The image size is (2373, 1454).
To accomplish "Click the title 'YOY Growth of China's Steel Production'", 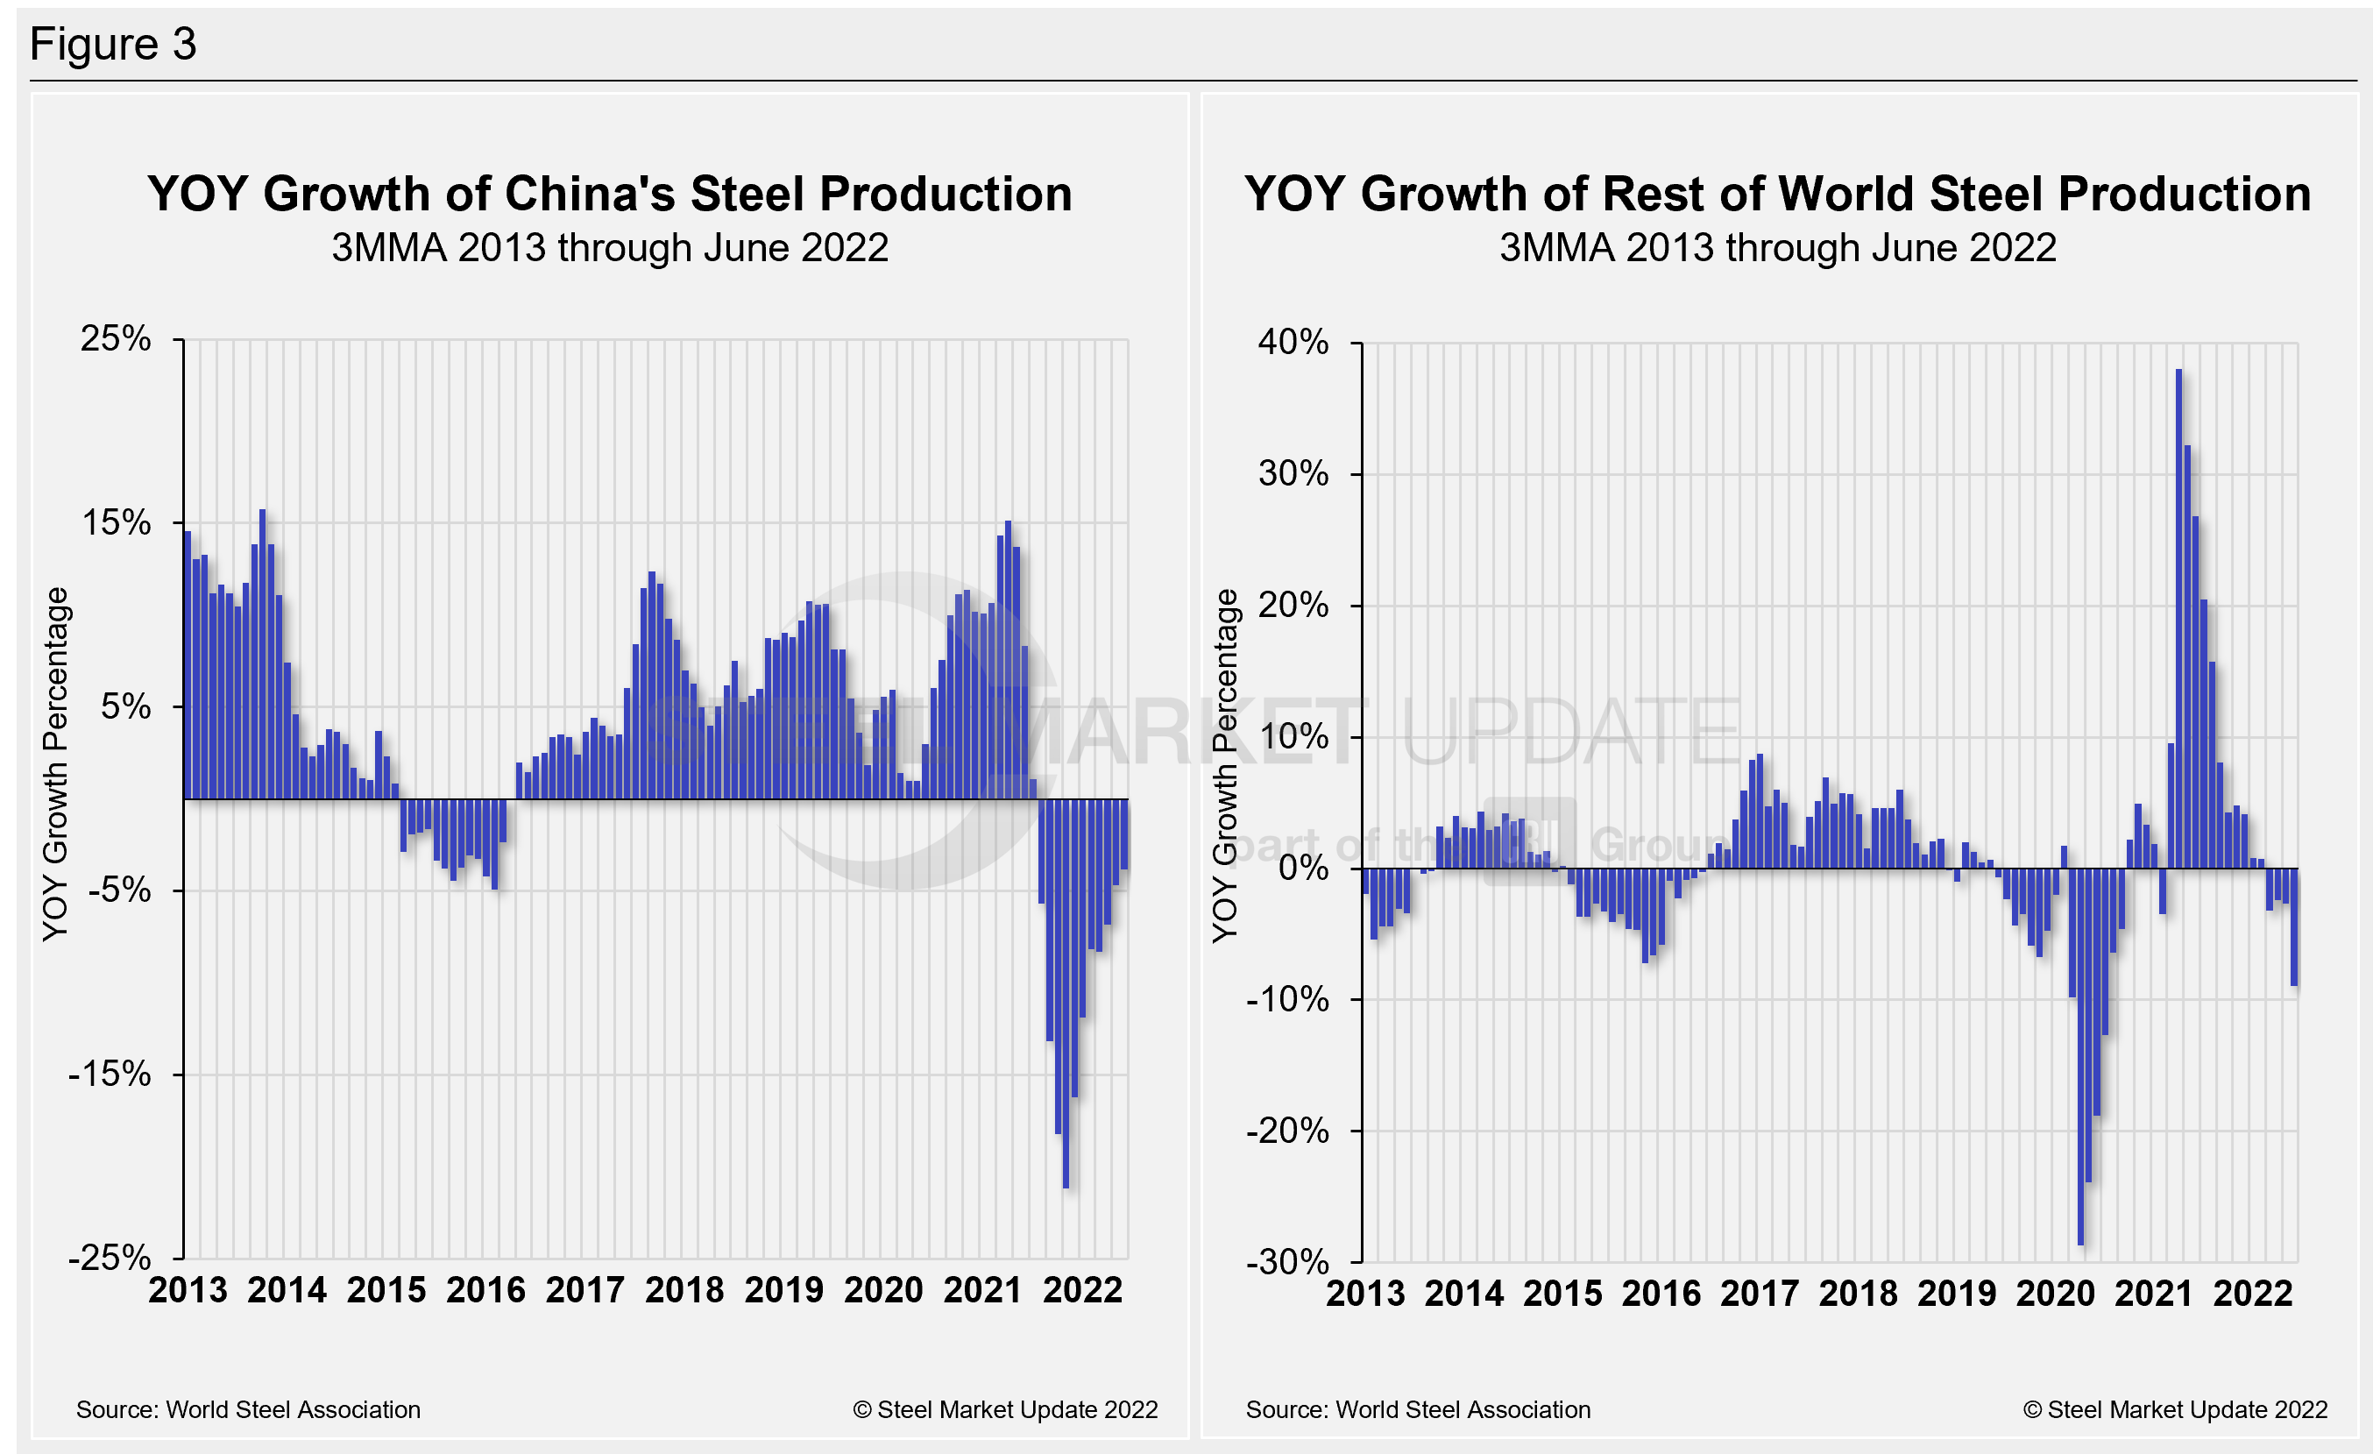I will pos(610,194).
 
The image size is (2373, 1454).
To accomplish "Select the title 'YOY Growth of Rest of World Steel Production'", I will pos(1777,194).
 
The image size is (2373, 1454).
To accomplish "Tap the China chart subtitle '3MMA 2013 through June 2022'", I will pos(610,248).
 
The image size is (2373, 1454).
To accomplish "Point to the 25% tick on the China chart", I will pos(116,339).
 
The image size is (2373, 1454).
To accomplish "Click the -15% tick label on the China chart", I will pos(110,1074).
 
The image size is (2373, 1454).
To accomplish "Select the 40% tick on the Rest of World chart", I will pos(1293,342).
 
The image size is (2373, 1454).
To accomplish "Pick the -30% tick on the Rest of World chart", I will pos(1286,1261).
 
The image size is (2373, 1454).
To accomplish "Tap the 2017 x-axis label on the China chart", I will pos(584,1290).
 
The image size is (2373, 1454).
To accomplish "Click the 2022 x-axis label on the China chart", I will pos(1082,1290).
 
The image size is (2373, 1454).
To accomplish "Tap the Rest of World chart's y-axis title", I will pos(1224,765).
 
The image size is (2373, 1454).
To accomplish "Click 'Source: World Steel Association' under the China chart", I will pos(249,1409).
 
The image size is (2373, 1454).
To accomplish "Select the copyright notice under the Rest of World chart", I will pos(2175,1409).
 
